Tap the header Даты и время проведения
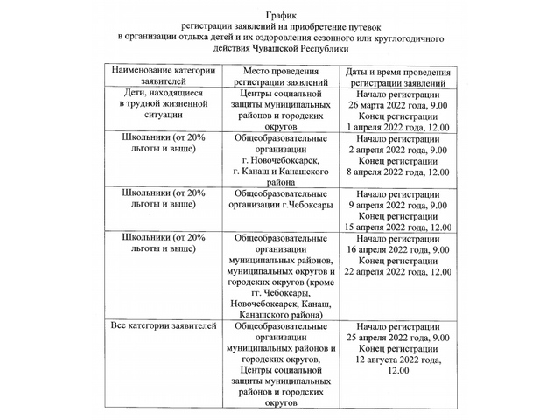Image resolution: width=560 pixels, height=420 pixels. [x=403, y=72]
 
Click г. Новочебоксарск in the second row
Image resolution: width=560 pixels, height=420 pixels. [x=281, y=161]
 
